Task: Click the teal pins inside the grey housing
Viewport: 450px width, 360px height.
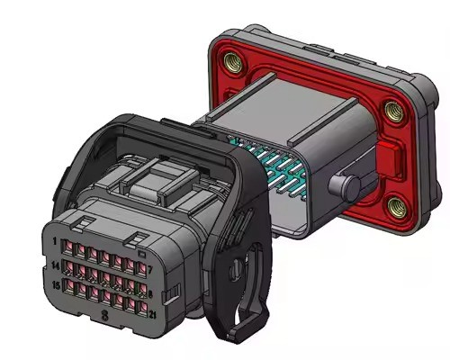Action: point(274,166)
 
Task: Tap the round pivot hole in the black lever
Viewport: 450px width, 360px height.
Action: point(236,267)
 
